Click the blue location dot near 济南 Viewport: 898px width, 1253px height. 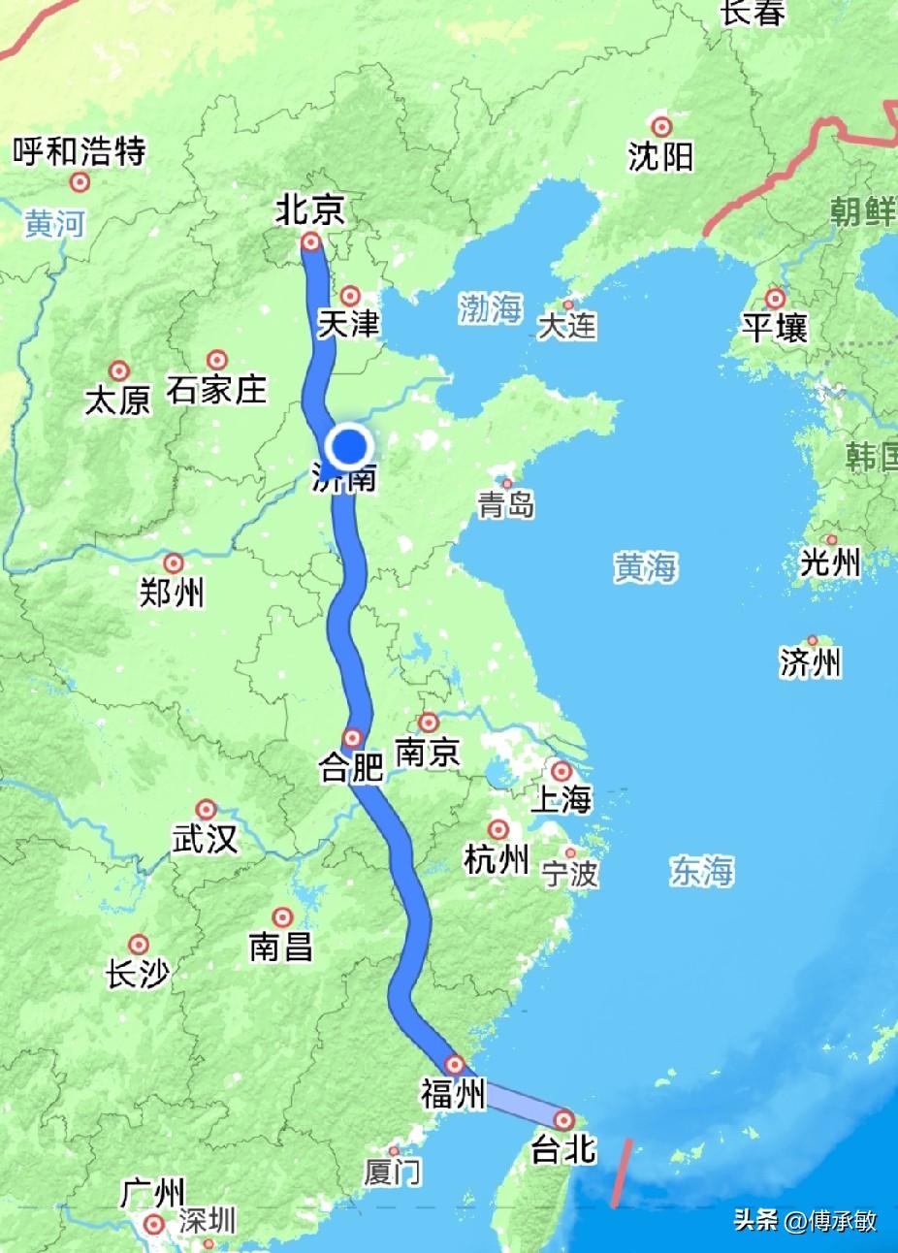(x=349, y=447)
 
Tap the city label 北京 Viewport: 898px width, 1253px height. (x=310, y=209)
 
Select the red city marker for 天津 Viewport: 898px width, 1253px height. (x=350, y=296)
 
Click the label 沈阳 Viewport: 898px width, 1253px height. (x=660, y=156)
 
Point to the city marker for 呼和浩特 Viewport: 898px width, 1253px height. (x=80, y=181)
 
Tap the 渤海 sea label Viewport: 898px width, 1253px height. (x=490, y=309)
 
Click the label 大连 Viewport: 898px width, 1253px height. (x=567, y=326)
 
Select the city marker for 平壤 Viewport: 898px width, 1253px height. (x=775, y=298)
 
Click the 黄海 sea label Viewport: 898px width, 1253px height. (x=645, y=567)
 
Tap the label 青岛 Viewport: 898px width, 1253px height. (x=506, y=504)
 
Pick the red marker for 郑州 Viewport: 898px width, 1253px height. (x=174, y=563)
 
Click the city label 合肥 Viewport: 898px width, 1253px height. (x=351, y=769)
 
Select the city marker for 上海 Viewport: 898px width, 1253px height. (x=561, y=771)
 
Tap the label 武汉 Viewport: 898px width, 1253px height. (x=205, y=839)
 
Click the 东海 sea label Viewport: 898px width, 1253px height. (x=702, y=871)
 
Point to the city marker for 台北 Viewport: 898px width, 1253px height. (x=564, y=1120)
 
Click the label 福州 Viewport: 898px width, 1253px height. (x=452, y=1095)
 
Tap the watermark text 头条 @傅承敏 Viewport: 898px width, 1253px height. (x=805, y=1220)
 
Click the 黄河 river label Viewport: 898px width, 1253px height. (x=54, y=224)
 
